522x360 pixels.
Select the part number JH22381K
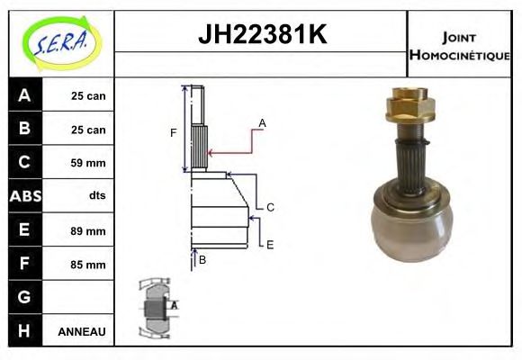click(261, 35)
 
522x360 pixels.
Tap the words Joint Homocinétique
click(459, 45)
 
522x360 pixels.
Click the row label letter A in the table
click(24, 95)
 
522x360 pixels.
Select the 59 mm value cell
click(87, 163)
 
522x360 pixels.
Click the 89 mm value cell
click(87, 231)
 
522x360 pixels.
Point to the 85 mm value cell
click(87, 265)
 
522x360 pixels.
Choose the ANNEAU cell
click(82, 331)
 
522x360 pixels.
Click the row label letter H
click(24, 331)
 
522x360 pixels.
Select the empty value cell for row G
click(82, 297)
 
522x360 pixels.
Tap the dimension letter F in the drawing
click(174, 133)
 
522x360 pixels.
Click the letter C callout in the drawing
click(270, 207)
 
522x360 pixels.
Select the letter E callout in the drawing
click(269, 244)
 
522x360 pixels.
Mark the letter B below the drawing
click(202, 260)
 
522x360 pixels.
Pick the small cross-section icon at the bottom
click(155, 308)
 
